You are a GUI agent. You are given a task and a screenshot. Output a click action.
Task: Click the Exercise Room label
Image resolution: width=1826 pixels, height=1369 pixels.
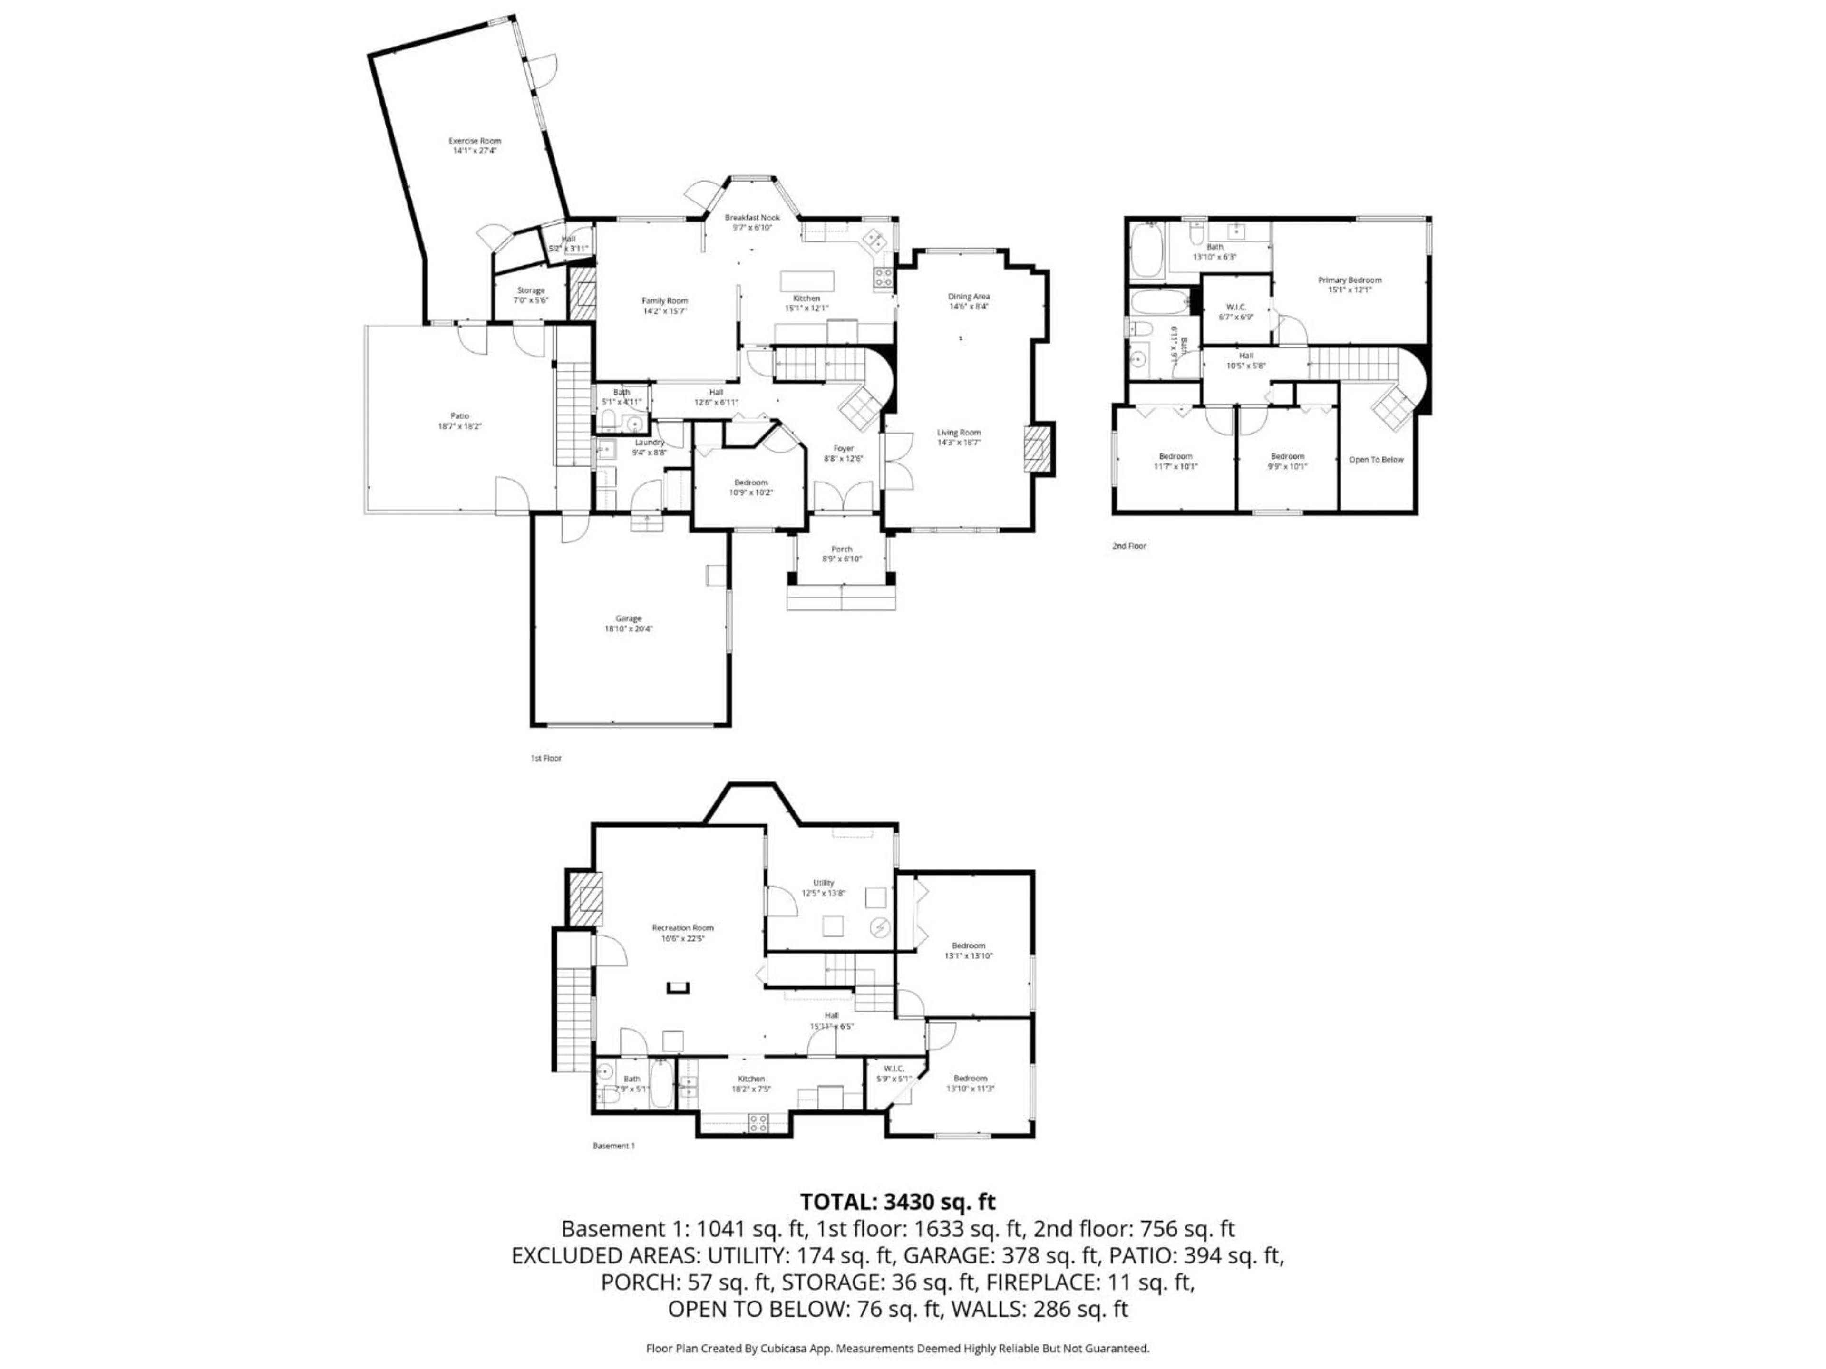click(x=475, y=145)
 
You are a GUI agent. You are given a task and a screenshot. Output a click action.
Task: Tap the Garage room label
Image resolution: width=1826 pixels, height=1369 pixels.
click(x=628, y=623)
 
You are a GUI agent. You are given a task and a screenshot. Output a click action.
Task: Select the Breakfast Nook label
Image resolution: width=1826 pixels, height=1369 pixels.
click(x=752, y=222)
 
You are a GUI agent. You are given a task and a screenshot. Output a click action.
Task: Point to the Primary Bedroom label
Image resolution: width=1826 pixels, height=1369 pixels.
click(x=1350, y=285)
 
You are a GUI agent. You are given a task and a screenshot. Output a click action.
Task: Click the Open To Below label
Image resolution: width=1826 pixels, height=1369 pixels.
click(x=1376, y=460)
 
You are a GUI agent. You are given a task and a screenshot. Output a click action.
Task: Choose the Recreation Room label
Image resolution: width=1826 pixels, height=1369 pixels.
click(x=683, y=933)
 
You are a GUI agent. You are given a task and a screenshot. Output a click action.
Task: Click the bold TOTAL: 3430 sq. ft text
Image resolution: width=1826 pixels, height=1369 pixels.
click(x=897, y=1202)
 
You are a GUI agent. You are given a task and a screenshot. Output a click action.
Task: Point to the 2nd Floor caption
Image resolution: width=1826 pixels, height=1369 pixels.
click(x=1129, y=545)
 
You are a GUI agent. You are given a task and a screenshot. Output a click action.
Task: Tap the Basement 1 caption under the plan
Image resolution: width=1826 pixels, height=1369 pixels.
click(x=613, y=1146)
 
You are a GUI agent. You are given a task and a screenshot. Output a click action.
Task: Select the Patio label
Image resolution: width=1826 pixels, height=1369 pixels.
click(x=460, y=421)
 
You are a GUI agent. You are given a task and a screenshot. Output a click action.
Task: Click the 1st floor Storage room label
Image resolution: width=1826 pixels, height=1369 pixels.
click(x=531, y=295)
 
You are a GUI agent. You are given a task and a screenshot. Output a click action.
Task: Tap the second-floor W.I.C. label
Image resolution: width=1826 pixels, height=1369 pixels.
click(x=1236, y=311)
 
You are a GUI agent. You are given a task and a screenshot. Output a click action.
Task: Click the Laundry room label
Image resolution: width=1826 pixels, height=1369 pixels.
click(x=649, y=446)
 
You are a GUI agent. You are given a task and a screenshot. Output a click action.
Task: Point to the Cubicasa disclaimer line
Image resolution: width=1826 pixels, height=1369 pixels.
click(x=897, y=1349)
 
